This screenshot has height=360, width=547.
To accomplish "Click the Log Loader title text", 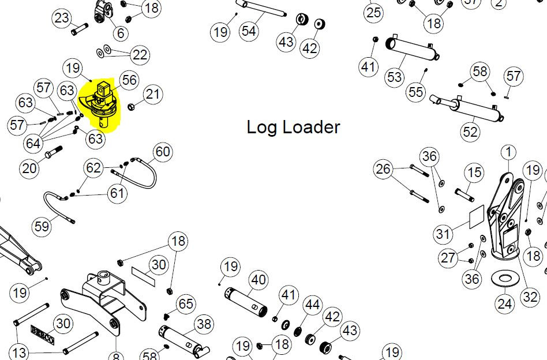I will coord(293,127).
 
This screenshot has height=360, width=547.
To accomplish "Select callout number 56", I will coord(129,81).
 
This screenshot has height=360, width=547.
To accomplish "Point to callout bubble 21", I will coord(152,94).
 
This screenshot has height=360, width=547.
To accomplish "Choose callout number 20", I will coord(29,168).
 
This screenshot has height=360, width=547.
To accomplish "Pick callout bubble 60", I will coord(163,152).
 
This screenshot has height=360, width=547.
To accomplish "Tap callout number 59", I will coord(42,226).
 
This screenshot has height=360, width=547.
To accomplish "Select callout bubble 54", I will coord(249,31).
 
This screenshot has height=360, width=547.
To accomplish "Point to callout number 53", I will coord(395,77).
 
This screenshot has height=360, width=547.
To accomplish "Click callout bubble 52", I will coord(470,132).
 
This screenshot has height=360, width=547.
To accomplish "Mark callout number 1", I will coord(508,152).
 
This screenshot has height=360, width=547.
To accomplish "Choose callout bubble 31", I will coord(443,234).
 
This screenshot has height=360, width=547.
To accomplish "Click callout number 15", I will coord(474,172).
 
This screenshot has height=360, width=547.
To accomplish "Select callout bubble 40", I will coord(258,280).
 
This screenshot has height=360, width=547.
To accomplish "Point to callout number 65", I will coord(185,304).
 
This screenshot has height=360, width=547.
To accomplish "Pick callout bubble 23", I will coord(61,18).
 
